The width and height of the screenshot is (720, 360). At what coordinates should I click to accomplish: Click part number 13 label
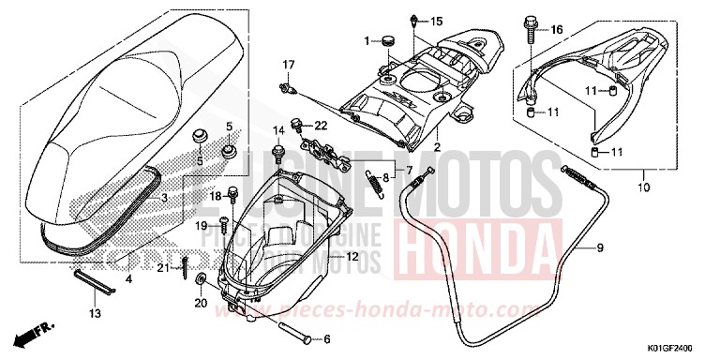[x=94, y=313]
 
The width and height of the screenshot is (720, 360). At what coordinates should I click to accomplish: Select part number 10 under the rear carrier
[x=617, y=187]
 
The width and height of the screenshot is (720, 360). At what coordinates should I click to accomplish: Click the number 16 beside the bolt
[x=556, y=29]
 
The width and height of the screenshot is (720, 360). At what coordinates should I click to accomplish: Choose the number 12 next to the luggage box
[x=352, y=256]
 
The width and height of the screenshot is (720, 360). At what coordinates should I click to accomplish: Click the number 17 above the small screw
[x=289, y=64]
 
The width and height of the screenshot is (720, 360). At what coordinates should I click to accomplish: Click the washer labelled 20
[x=203, y=279]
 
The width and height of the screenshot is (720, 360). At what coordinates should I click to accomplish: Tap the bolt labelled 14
[x=277, y=149]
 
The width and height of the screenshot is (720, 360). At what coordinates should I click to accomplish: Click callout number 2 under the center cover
[x=436, y=148]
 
